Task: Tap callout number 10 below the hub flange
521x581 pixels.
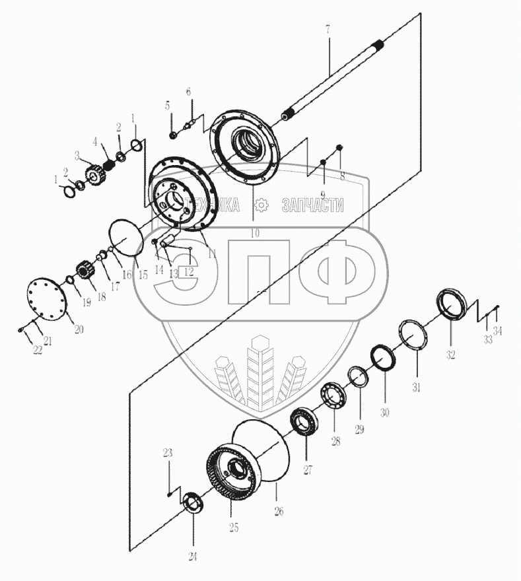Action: [255, 233]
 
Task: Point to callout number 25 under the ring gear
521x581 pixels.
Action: [233, 528]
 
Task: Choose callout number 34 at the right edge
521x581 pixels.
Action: [498, 332]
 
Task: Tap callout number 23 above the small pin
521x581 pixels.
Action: [168, 453]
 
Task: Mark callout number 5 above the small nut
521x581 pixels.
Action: [167, 106]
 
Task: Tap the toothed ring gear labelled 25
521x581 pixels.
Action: [234, 475]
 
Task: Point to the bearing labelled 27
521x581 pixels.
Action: [305, 421]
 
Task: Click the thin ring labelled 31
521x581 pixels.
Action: [414, 337]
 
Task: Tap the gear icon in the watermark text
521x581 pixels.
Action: [262, 205]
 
